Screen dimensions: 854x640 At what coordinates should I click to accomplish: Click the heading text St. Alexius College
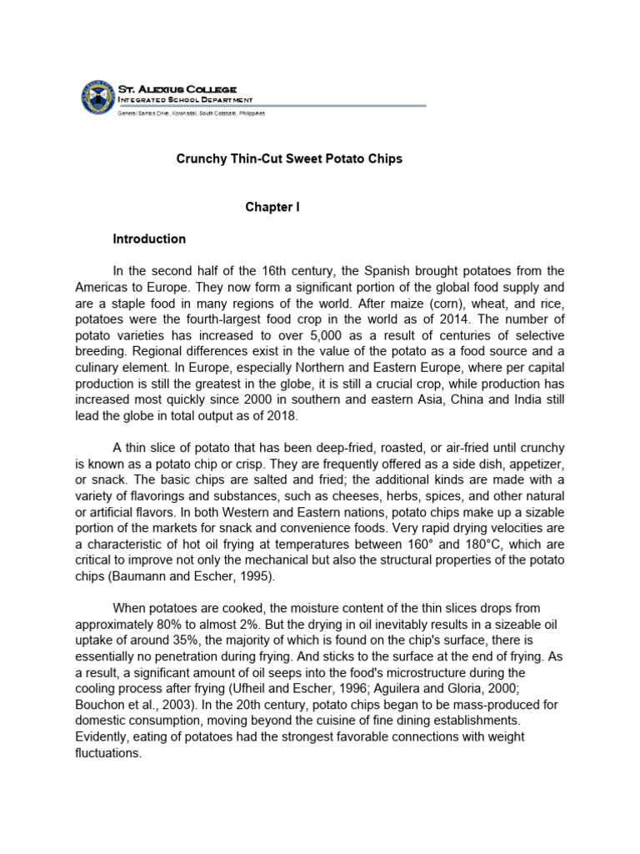[x=177, y=88]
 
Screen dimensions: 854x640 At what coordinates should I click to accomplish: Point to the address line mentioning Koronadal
[x=191, y=112]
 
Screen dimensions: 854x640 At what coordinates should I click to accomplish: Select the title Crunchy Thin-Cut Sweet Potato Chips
[x=289, y=158]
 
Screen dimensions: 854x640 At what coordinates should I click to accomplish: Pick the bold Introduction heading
[x=149, y=239]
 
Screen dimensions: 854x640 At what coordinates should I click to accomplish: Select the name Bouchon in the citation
[x=137, y=706]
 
